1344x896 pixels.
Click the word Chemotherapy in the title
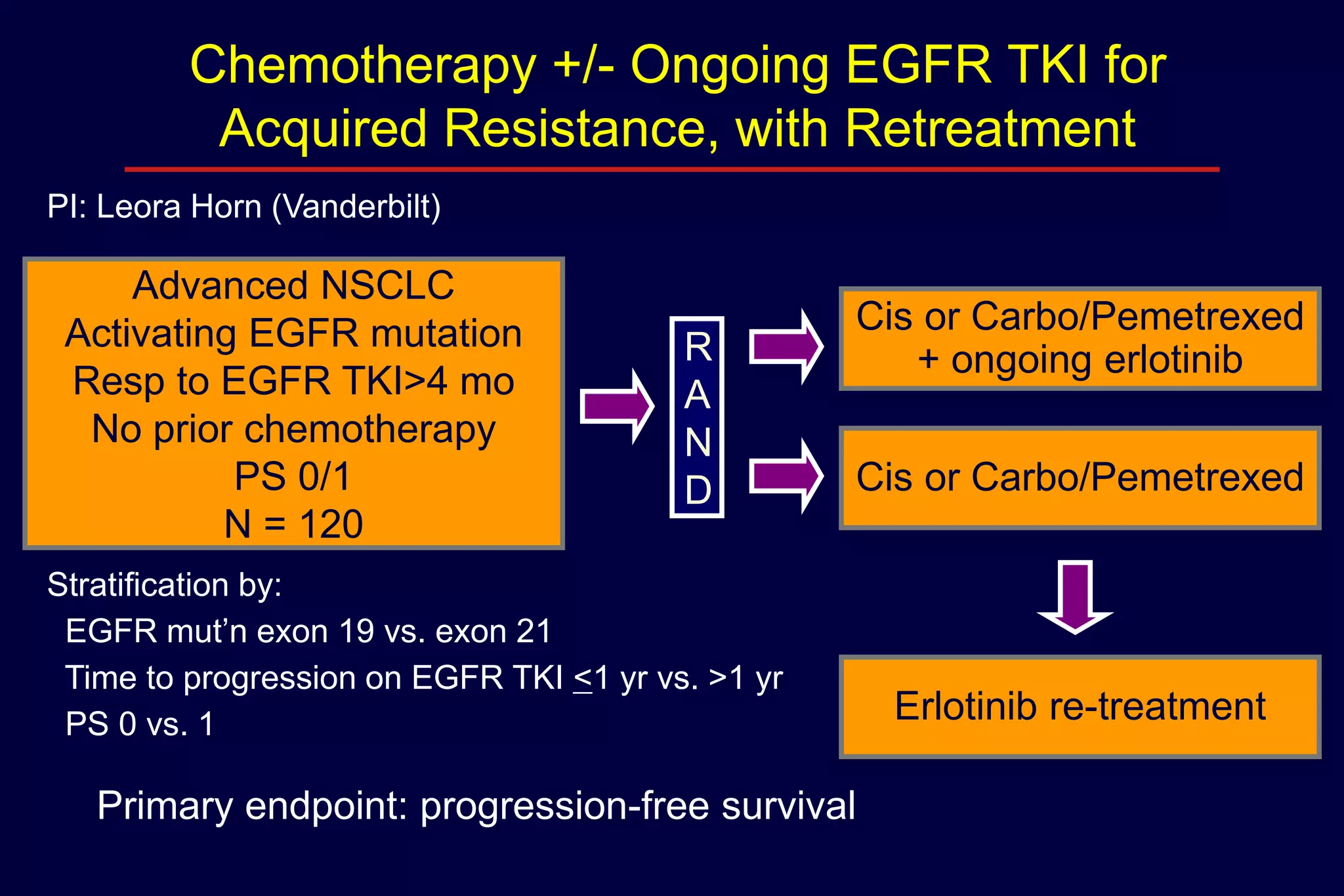coord(363,67)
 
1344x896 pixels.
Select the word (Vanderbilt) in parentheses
coord(356,207)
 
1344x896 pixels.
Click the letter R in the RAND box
coord(698,347)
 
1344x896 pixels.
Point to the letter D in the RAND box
coord(698,490)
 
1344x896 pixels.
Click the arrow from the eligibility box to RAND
coord(616,407)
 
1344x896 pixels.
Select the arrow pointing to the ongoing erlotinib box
coord(786,347)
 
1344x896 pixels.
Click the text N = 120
coord(293,524)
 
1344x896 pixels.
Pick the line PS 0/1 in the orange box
coord(293,476)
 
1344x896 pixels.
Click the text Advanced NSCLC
coord(293,285)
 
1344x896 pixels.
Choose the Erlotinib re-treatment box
coord(1080,706)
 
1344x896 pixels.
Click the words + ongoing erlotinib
coord(1080,360)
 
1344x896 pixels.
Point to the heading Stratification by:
coord(164,584)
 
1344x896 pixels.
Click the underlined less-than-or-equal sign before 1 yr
coord(582,679)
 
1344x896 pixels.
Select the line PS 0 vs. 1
coord(139,724)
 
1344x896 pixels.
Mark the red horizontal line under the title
coord(671,169)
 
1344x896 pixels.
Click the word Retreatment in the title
coord(990,129)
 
